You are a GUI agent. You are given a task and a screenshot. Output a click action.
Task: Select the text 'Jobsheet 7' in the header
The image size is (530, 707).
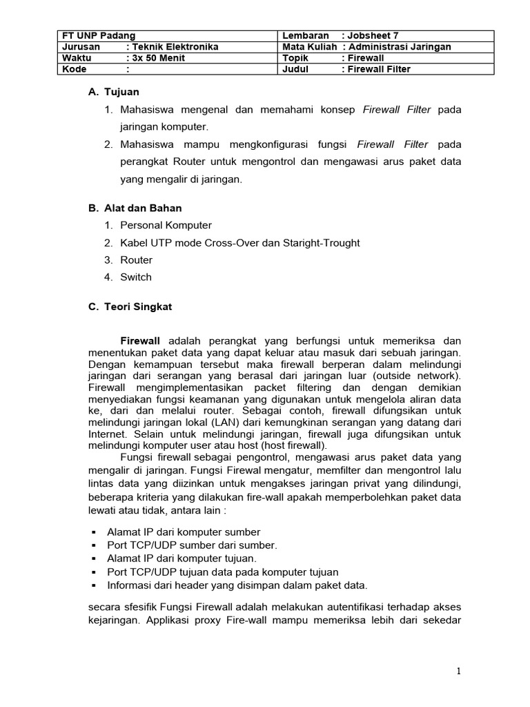click(x=373, y=36)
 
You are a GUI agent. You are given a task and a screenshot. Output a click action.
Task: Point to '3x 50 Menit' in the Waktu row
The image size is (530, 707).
click(x=159, y=58)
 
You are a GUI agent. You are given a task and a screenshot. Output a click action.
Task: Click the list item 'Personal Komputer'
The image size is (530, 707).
click(x=166, y=225)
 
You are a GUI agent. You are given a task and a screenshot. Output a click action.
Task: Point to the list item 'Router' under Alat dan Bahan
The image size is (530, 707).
click(x=136, y=260)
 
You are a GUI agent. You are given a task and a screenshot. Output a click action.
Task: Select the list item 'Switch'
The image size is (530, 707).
click(x=136, y=277)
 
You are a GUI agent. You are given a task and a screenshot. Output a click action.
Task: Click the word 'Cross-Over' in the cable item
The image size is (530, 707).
click(x=222, y=242)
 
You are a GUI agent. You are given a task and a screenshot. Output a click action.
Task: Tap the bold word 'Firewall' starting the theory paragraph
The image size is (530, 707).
click(x=140, y=341)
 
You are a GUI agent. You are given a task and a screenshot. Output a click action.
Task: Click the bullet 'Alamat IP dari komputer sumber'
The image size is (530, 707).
click(x=184, y=532)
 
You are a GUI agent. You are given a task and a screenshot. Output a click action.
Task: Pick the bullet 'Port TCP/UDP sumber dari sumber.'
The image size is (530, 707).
click(x=192, y=545)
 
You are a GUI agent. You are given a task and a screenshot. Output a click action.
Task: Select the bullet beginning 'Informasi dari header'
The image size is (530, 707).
click(x=237, y=585)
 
